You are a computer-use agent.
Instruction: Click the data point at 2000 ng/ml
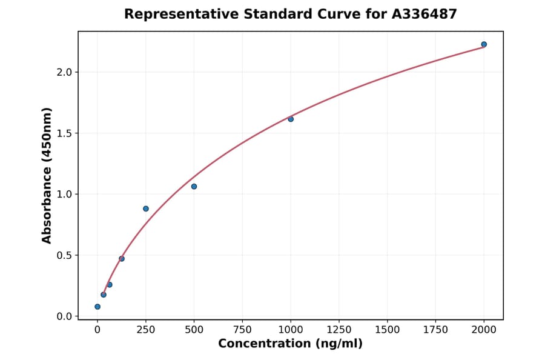click(x=484, y=44)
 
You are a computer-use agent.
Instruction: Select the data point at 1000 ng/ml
click(x=291, y=119)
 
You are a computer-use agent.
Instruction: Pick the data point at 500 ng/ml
click(x=194, y=186)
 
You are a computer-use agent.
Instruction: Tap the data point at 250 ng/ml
click(x=146, y=208)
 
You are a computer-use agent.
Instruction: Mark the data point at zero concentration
click(x=97, y=307)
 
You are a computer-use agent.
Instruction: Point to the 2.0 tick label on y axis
click(x=64, y=72)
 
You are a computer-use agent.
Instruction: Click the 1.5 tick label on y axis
click(x=64, y=133)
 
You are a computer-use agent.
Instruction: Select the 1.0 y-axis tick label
click(x=64, y=195)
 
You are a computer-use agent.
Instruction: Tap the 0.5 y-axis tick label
click(x=64, y=255)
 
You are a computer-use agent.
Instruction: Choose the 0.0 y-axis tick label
click(x=64, y=316)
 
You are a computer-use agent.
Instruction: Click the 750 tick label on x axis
click(x=242, y=329)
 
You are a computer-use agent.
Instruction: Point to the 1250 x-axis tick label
click(x=339, y=329)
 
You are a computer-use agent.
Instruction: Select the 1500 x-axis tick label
click(x=388, y=329)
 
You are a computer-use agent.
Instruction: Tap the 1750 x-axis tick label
click(x=436, y=329)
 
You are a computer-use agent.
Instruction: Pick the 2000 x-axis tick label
click(x=484, y=329)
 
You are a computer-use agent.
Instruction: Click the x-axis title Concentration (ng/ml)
click(x=291, y=344)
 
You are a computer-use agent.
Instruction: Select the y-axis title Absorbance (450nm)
click(x=47, y=175)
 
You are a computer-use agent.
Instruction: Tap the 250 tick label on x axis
click(x=146, y=329)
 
